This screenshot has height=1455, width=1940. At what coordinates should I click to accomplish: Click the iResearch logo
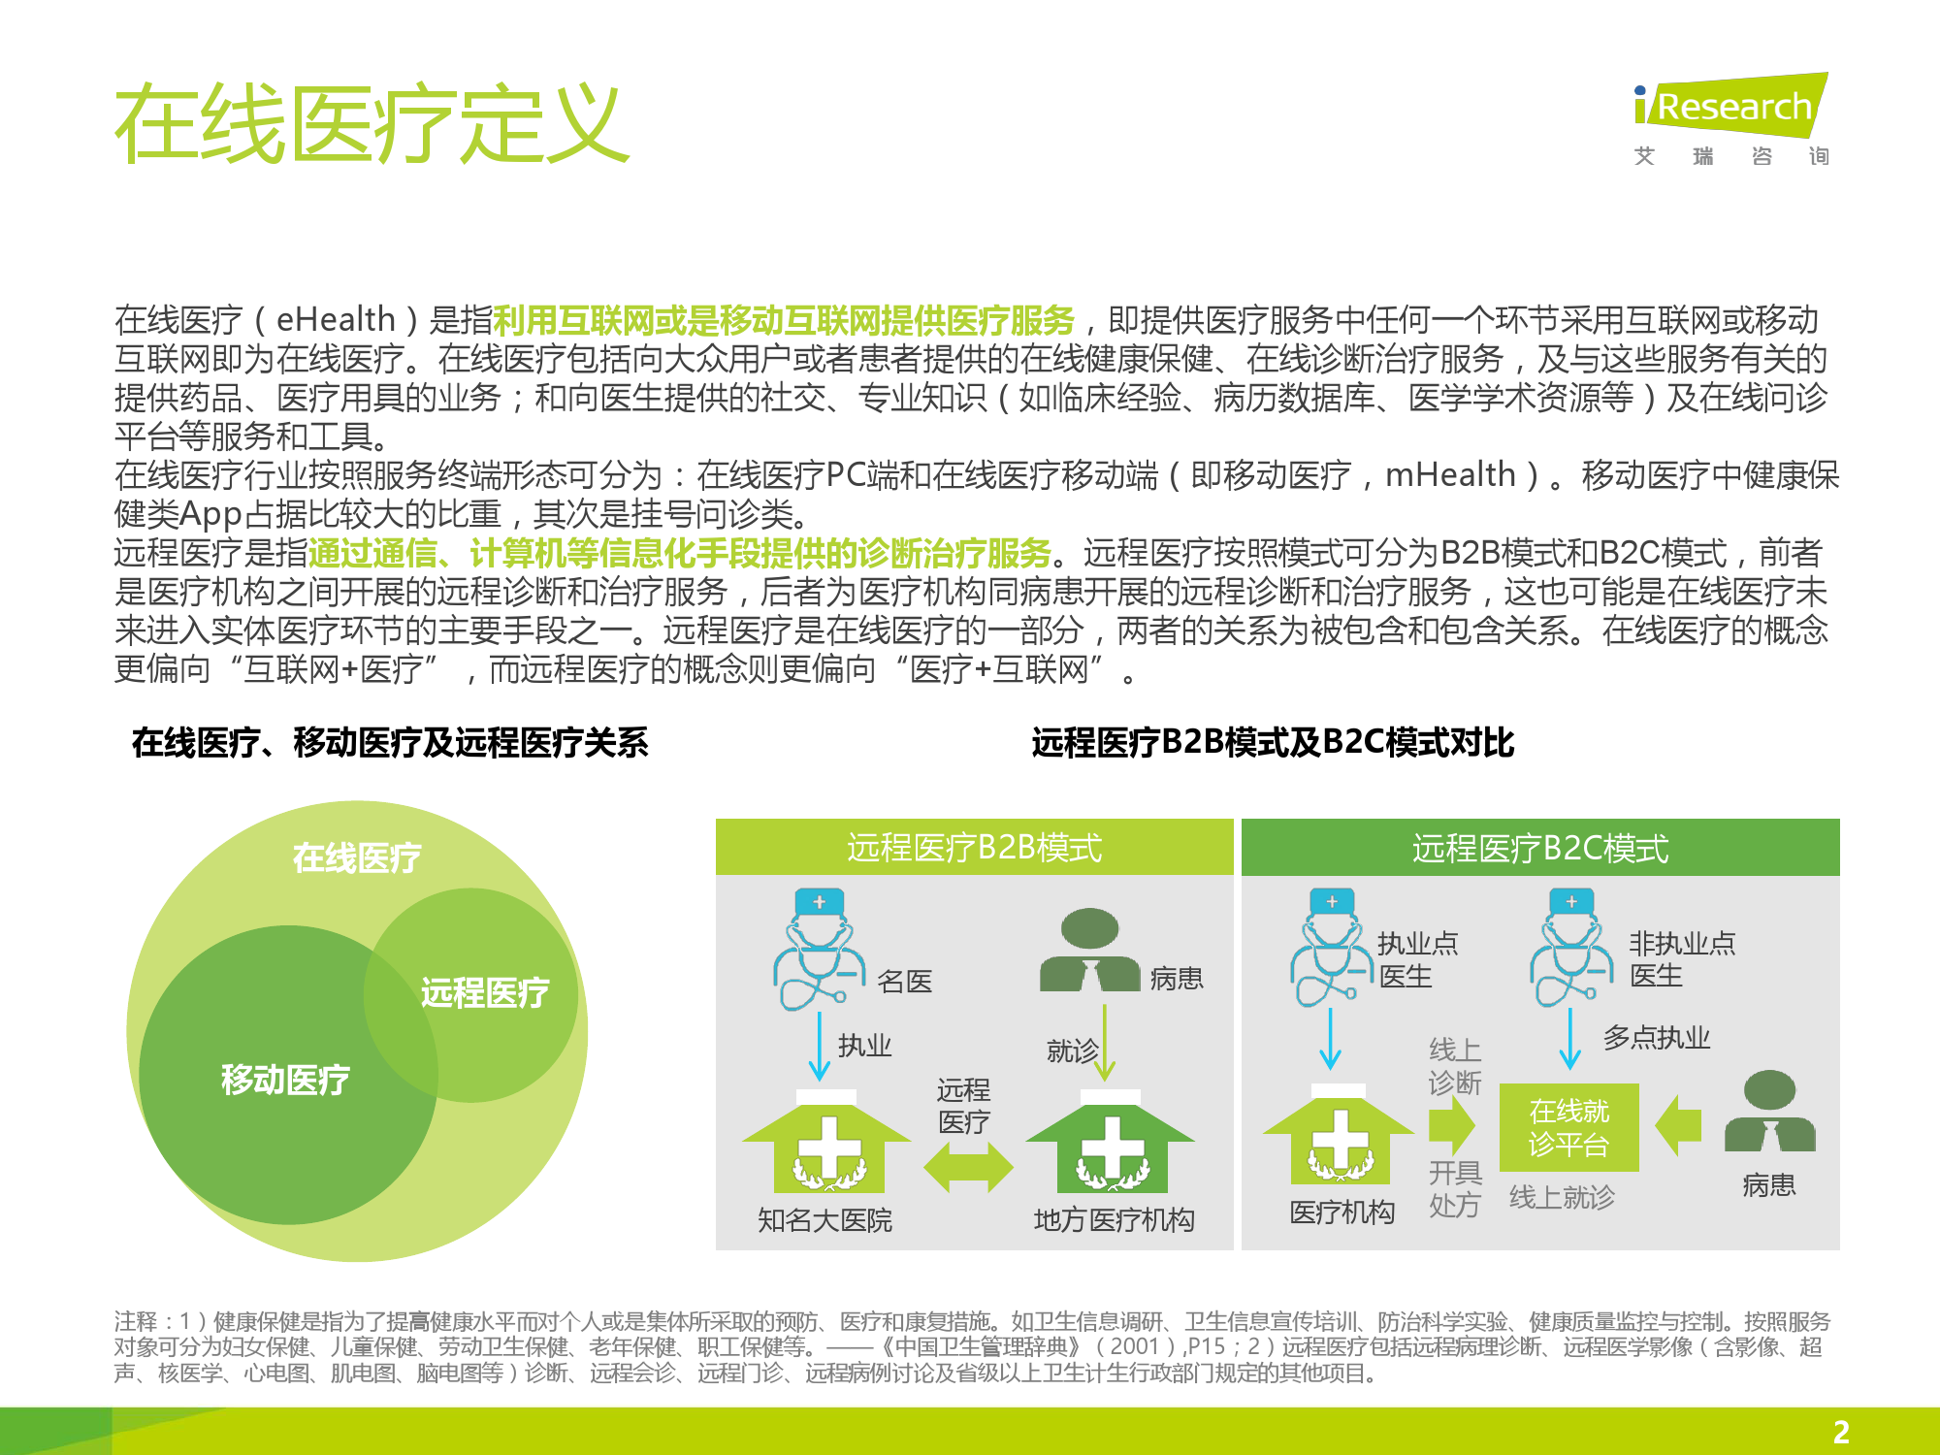pos(1730,119)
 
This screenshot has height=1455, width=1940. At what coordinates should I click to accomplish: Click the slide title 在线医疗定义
pos(372,123)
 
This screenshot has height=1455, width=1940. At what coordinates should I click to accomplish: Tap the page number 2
pos(1841,1432)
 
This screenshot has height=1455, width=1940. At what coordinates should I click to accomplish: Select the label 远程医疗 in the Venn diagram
pos(485,992)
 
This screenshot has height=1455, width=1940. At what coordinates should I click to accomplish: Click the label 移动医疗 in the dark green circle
pos(285,1079)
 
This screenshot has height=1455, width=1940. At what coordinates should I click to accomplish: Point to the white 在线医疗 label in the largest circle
pos(357,857)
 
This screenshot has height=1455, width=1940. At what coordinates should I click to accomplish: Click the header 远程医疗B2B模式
pos(974,848)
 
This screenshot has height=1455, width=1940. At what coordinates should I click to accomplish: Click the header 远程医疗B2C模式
pos(1540,849)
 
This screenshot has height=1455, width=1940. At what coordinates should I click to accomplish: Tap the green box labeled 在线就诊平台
pos(1568,1127)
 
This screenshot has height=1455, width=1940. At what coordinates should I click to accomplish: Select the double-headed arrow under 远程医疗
pos(968,1166)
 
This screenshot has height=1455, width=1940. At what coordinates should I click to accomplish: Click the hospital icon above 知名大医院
pos(827,1142)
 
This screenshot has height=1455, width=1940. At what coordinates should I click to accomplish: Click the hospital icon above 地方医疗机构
pos(1111,1142)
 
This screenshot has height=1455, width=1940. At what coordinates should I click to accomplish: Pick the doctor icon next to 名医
pos(818,951)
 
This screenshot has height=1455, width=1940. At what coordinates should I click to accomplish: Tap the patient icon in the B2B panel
pos(1089,950)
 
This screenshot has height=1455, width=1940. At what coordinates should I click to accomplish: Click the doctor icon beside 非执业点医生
pos(1571,949)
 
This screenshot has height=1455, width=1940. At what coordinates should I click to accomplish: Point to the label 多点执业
pos(1657,1038)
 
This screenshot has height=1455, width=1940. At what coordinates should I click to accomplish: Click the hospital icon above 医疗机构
pos(1339,1135)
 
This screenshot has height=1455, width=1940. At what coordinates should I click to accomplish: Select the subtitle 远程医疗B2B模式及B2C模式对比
pos(1273,742)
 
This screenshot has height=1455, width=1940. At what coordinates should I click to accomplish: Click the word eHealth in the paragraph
pos(336,319)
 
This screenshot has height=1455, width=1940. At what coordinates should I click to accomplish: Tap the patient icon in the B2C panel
pos(1769,1111)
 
